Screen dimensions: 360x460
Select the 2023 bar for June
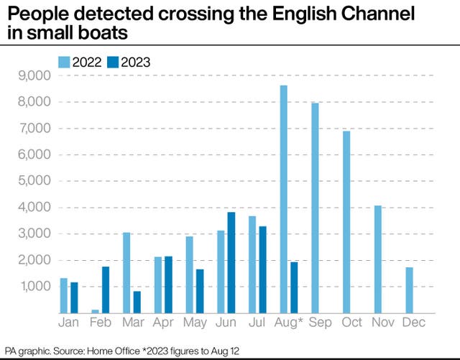click(x=231, y=262)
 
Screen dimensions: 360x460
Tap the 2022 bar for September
click(x=315, y=208)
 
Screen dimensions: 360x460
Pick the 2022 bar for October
click(x=346, y=222)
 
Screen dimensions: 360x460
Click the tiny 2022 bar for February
click(x=95, y=311)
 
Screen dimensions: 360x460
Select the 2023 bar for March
click(x=137, y=302)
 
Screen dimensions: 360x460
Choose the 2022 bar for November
click(x=377, y=259)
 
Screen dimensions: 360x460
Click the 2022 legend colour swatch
click(x=63, y=62)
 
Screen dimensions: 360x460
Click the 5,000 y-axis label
click(x=32, y=181)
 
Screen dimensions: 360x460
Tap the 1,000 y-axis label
click(x=32, y=287)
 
